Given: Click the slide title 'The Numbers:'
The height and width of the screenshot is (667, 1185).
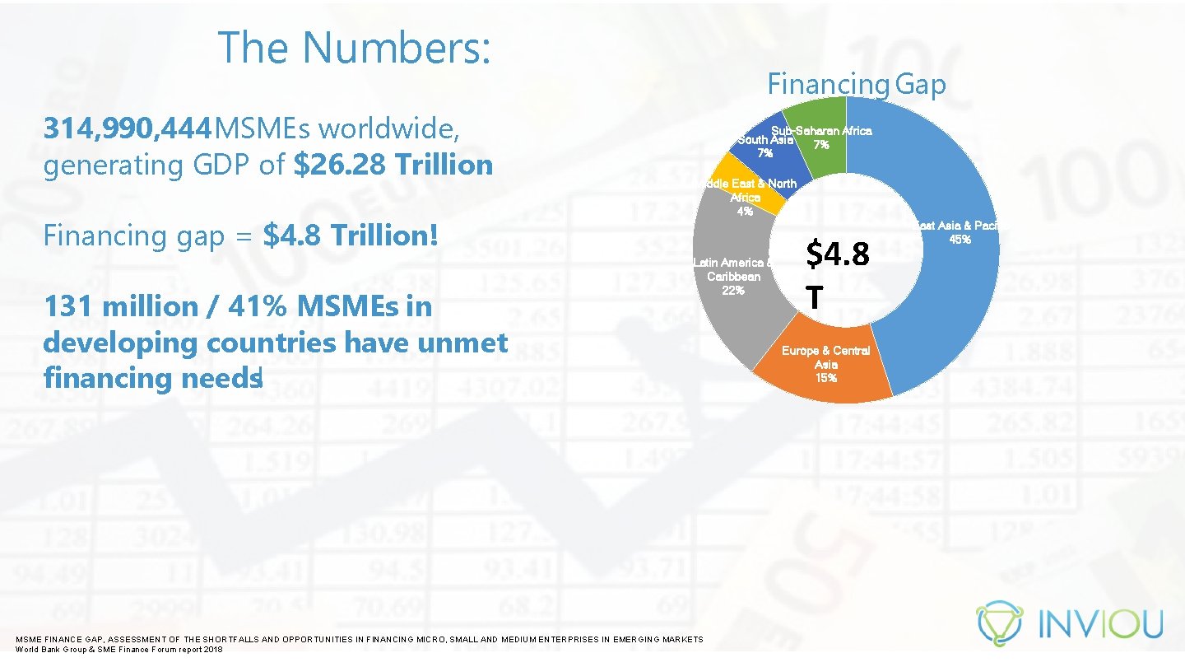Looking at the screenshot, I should pos(355,48).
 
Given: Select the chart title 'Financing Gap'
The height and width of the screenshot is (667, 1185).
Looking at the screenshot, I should pos(856,84).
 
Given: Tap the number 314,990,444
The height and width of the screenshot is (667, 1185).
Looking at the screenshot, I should pos(127,129).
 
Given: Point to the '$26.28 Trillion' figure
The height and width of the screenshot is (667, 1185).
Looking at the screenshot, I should pos(393,165).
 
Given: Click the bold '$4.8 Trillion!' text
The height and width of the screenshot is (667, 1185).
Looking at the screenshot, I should pos(351,236).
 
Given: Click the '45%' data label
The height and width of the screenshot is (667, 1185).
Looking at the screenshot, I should pos(960,240).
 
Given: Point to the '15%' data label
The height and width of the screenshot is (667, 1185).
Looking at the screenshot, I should pos(825,378).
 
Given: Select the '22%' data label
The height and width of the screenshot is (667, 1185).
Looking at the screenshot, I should pos(733,291).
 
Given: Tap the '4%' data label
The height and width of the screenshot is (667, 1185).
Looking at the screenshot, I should pos(745,212).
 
